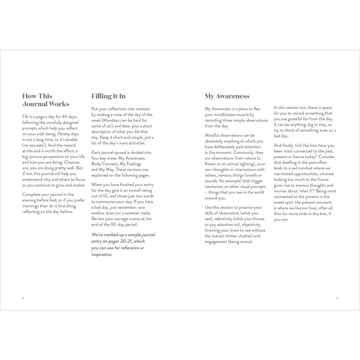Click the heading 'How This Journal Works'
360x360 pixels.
[x=46, y=100]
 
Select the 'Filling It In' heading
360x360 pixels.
[x=108, y=96]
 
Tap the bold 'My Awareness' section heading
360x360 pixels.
[x=227, y=96]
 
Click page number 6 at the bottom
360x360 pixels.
[x=23, y=298]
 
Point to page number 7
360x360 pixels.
[x=337, y=298]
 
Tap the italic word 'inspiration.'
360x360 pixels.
[x=102, y=254]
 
